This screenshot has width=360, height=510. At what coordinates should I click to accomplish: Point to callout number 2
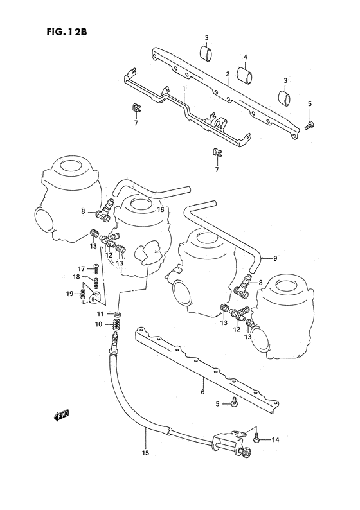pyautogui.click(x=227, y=74)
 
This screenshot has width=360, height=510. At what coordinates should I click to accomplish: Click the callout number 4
pyautogui.click(x=245, y=57)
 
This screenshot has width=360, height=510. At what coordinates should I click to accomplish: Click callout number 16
pyautogui.click(x=161, y=209)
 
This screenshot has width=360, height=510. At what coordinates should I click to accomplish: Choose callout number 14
pyautogui.click(x=276, y=440)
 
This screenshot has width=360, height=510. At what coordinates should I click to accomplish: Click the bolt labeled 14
pyautogui.click(x=258, y=440)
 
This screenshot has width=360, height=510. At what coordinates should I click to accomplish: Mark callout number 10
pyautogui.click(x=100, y=324)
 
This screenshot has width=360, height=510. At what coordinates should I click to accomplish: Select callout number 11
pyautogui.click(x=100, y=313)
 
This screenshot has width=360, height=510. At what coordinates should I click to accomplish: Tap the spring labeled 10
pyautogui.click(x=116, y=326)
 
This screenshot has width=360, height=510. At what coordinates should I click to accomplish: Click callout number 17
pyautogui.click(x=82, y=268)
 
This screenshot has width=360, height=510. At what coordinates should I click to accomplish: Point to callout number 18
pyautogui.click(x=76, y=277)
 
